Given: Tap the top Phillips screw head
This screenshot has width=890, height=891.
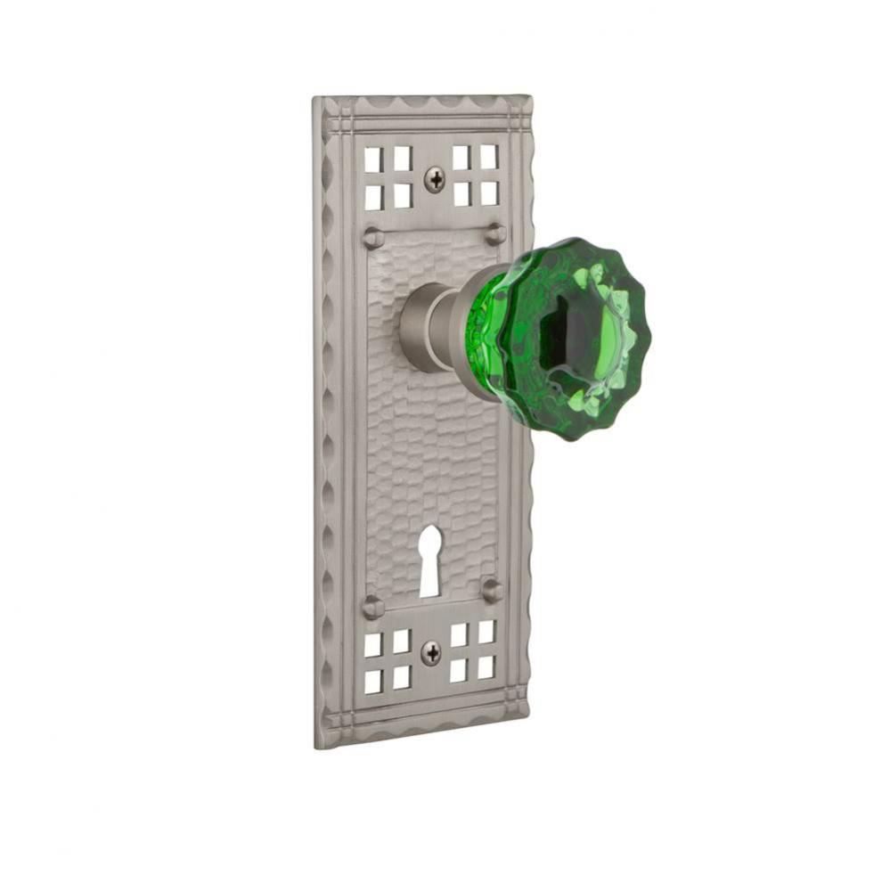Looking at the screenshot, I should [435, 179].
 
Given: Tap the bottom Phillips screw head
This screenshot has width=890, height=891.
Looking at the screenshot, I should [430, 653].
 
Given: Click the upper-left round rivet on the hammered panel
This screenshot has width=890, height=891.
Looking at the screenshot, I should [373, 238].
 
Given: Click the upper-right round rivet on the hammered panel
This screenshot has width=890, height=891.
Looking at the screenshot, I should [495, 233].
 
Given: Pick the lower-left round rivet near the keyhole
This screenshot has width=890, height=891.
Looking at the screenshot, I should [372, 607].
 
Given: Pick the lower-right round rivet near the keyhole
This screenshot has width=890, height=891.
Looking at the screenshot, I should [492, 590].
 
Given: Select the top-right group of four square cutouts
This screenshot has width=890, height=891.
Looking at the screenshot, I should [475, 175].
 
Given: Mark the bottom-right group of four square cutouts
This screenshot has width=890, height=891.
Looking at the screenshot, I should [472, 651].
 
